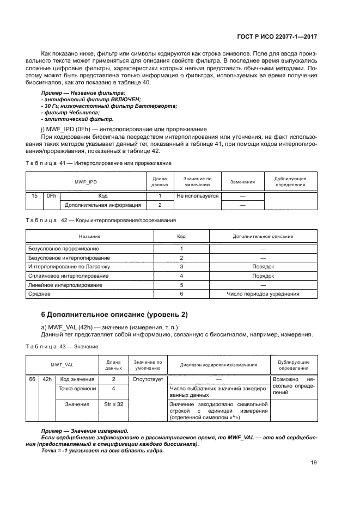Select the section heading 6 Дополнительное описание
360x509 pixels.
pos(114,315)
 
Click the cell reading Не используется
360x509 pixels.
pos(197,195)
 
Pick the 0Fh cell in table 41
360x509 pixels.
pos(51,195)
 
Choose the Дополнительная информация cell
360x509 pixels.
pos(103,205)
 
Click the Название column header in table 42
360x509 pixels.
pos(90,237)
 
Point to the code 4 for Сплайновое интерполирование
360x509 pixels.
pos(181,276)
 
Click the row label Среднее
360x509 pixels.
pos(40,294)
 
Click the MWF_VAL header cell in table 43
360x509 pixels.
pos(62,365)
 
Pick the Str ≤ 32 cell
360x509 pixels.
pos(113,404)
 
